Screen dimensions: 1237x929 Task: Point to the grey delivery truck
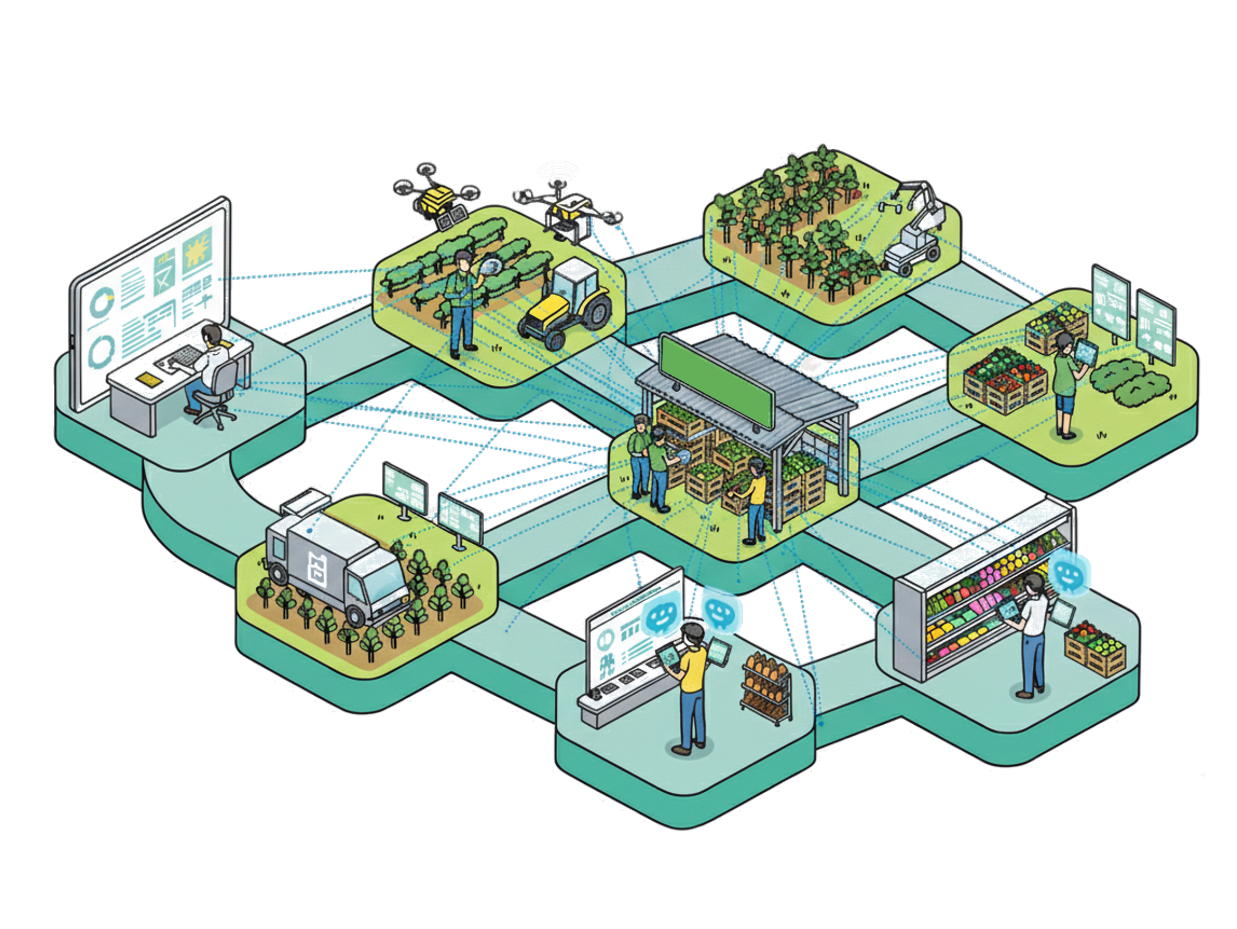335,565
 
